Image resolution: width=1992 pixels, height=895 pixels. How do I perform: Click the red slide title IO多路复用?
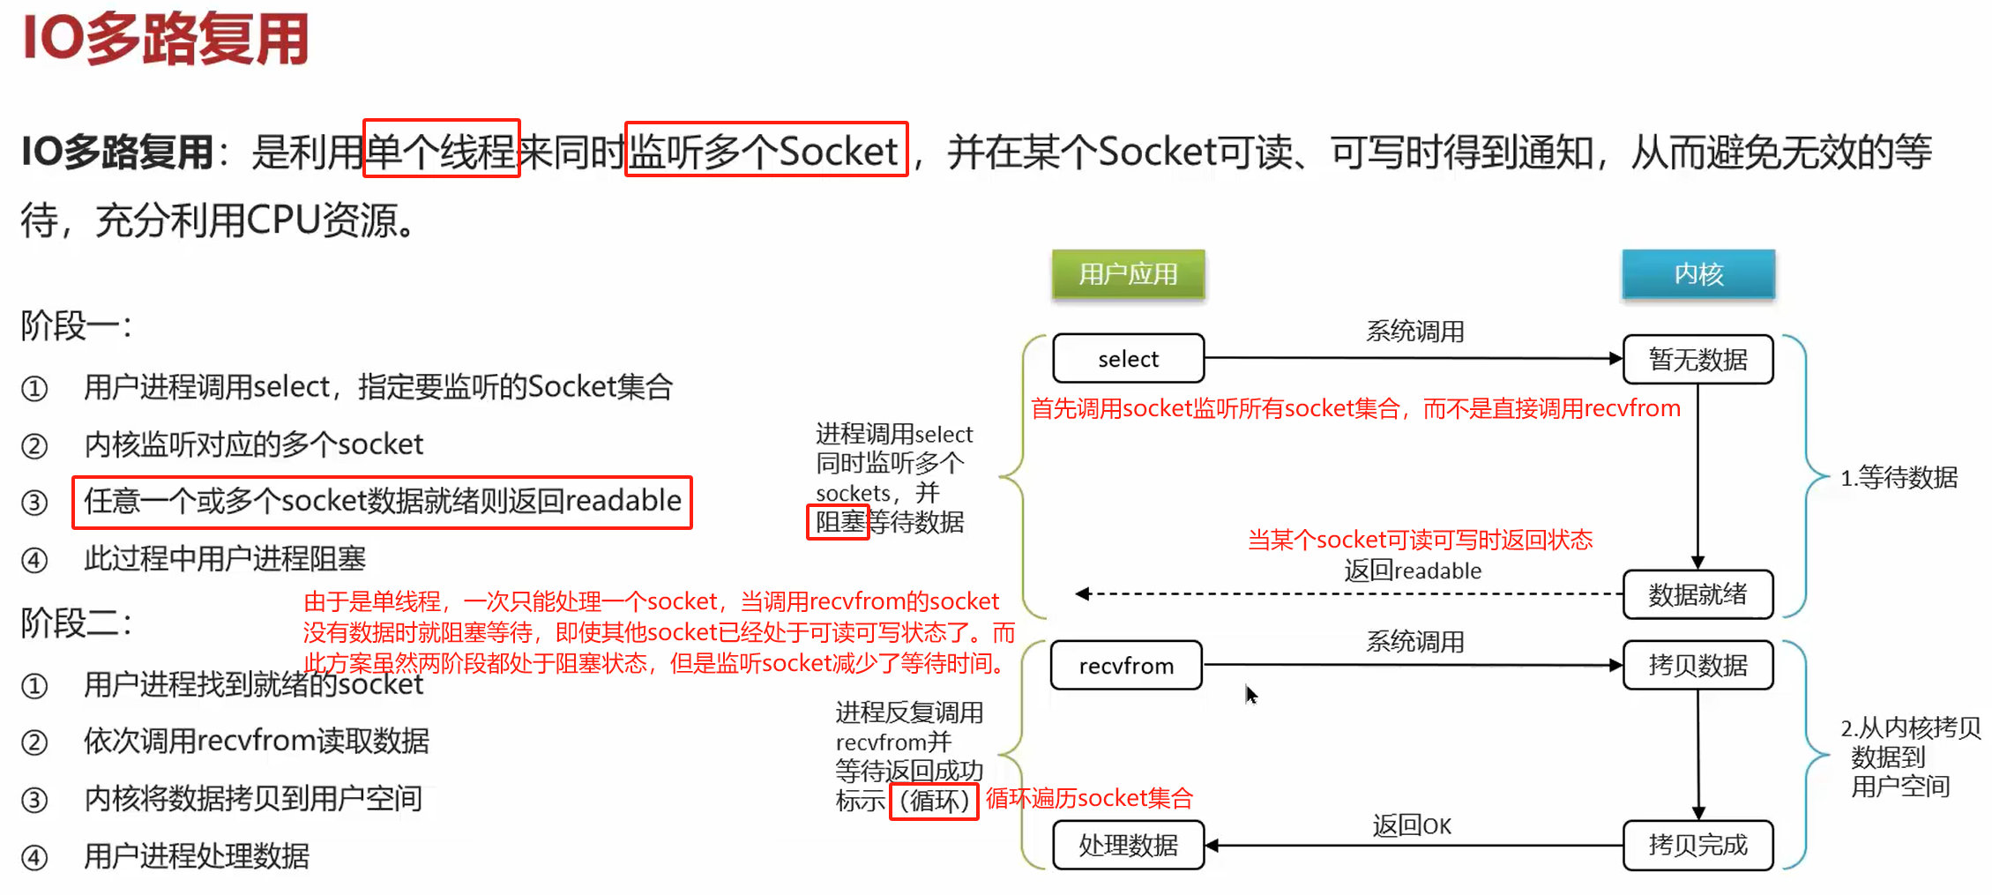(x=166, y=39)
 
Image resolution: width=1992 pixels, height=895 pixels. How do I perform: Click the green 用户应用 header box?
(x=1128, y=274)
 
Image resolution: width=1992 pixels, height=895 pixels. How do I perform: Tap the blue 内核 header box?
(x=1697, y=274)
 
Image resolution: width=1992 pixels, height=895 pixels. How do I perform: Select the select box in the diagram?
(x=1128, y=359)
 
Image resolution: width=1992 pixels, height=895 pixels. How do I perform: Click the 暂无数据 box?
(x=1697, y=359)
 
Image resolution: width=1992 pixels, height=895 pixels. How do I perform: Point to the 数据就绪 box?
(x=1697, y=594)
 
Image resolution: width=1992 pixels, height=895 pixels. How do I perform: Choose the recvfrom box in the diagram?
(x=1126, y=666)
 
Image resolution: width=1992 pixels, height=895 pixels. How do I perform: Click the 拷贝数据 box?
(x=1697, y=665)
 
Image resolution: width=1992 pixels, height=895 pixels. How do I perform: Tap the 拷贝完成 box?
(x=1697, y=845)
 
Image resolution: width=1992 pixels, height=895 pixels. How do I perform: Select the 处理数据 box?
(x=1128, y=845)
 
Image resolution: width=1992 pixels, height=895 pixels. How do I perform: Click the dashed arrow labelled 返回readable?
(x=1349, y=593)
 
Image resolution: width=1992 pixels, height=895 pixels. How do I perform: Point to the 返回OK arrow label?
(x=1411, y=825)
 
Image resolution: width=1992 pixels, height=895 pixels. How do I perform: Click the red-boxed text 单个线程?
(x=441, y=149)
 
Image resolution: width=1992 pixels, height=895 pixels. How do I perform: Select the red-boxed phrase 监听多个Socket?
(x=765, y=150)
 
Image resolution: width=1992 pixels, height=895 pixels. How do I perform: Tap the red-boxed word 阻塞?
(x=838, y=522)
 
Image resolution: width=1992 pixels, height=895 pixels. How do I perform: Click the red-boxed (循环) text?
(x=934, y=801)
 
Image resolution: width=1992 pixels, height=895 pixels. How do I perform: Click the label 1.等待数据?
(x=1898, y=477)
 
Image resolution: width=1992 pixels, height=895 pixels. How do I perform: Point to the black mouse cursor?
(x=1250, y=694)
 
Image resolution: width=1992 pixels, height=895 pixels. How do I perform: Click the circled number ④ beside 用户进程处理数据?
(x=34, y=857)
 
